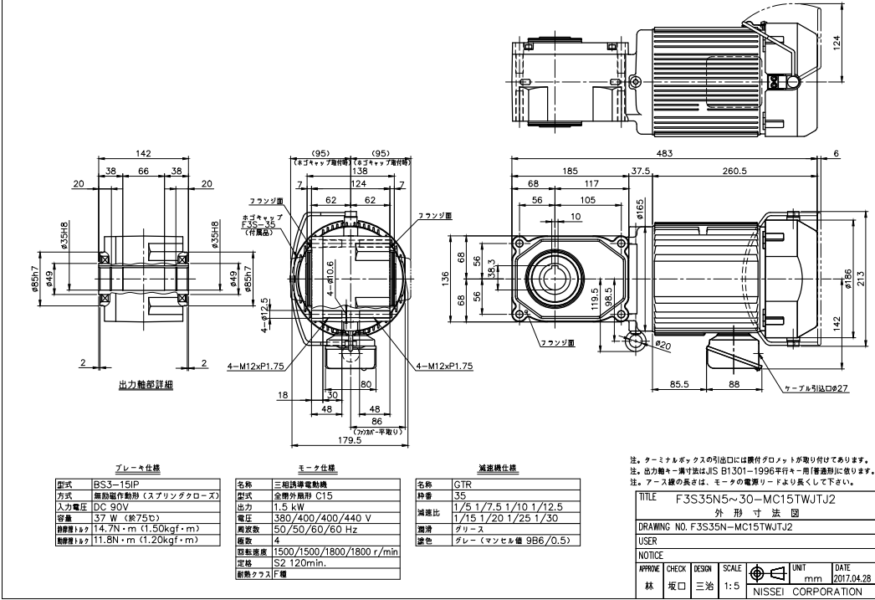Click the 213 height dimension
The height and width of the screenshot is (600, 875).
pos(862,277)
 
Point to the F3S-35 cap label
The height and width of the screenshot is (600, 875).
pos(255,225)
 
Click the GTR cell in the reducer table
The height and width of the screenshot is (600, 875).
pos(463,484)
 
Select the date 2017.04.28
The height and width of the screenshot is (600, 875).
pos(850,577)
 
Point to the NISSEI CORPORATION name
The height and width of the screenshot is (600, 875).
pos(809,591)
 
